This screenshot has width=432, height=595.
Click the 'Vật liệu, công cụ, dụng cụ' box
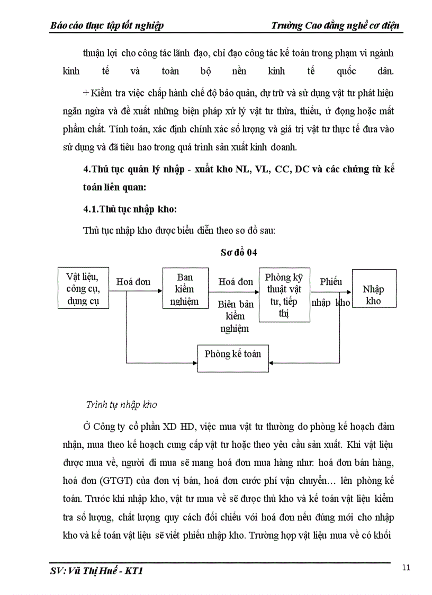coord(83,289)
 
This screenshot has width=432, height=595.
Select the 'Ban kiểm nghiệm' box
coord(185,289)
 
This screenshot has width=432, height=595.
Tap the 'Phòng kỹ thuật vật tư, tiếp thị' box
coord(284,295)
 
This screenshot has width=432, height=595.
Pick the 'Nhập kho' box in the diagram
coord(374,295)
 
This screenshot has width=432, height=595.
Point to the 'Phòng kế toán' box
coord(233,354)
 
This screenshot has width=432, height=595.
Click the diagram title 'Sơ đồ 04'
coord(239,253)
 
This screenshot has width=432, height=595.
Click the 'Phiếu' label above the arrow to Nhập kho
coord(331,282)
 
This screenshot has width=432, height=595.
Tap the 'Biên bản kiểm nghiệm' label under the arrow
coord(235,316)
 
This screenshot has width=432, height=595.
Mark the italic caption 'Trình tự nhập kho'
coord(121,405)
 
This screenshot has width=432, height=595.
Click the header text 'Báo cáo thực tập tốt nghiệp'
coord(106,25)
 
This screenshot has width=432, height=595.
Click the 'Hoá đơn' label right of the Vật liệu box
coord(133,282)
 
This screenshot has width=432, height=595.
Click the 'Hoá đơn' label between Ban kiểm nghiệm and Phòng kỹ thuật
coord(236,282)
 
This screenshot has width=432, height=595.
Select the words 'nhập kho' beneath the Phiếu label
coord(331,303)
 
